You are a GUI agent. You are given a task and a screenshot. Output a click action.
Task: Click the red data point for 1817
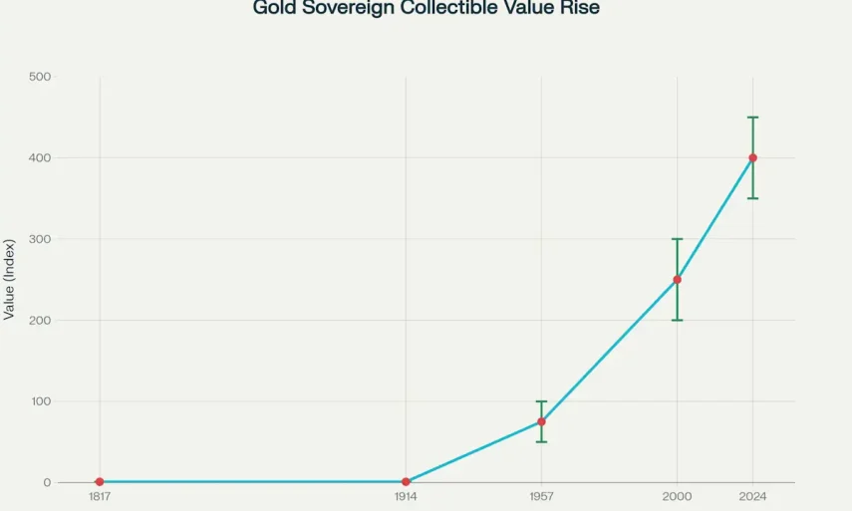[100, 482]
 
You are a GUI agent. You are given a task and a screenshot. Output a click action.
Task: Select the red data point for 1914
[406, 482]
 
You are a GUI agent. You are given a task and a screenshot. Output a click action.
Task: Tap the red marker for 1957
[541, 421]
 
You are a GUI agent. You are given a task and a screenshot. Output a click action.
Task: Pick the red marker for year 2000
[677, 279]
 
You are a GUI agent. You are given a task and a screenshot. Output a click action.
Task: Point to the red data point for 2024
[752, 157]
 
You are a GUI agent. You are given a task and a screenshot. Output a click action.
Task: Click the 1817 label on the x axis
[100, 496]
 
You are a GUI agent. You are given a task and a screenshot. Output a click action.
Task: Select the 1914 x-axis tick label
[406, 496]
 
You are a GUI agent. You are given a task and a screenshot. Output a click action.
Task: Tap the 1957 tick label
[541, 496]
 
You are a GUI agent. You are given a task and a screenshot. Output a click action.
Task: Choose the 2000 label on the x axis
[677, 496]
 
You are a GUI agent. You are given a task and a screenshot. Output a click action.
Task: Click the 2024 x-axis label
[752, 496]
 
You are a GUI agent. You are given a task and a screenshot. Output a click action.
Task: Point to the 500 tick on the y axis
[41, 77]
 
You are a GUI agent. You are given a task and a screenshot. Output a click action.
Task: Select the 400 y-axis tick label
[41, 157]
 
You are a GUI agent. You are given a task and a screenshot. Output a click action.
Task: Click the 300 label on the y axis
[41, 239]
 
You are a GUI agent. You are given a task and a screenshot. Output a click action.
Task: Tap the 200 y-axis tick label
[41, 320]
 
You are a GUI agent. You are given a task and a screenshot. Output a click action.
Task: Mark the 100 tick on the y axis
[41, 401]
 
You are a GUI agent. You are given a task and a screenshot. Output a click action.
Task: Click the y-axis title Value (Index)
[10, 279]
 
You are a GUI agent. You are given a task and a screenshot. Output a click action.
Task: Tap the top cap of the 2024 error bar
[752, 118]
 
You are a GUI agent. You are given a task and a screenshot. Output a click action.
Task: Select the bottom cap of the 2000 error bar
[677, 320]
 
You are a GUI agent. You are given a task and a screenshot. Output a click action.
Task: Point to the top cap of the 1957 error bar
[541, 401]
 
